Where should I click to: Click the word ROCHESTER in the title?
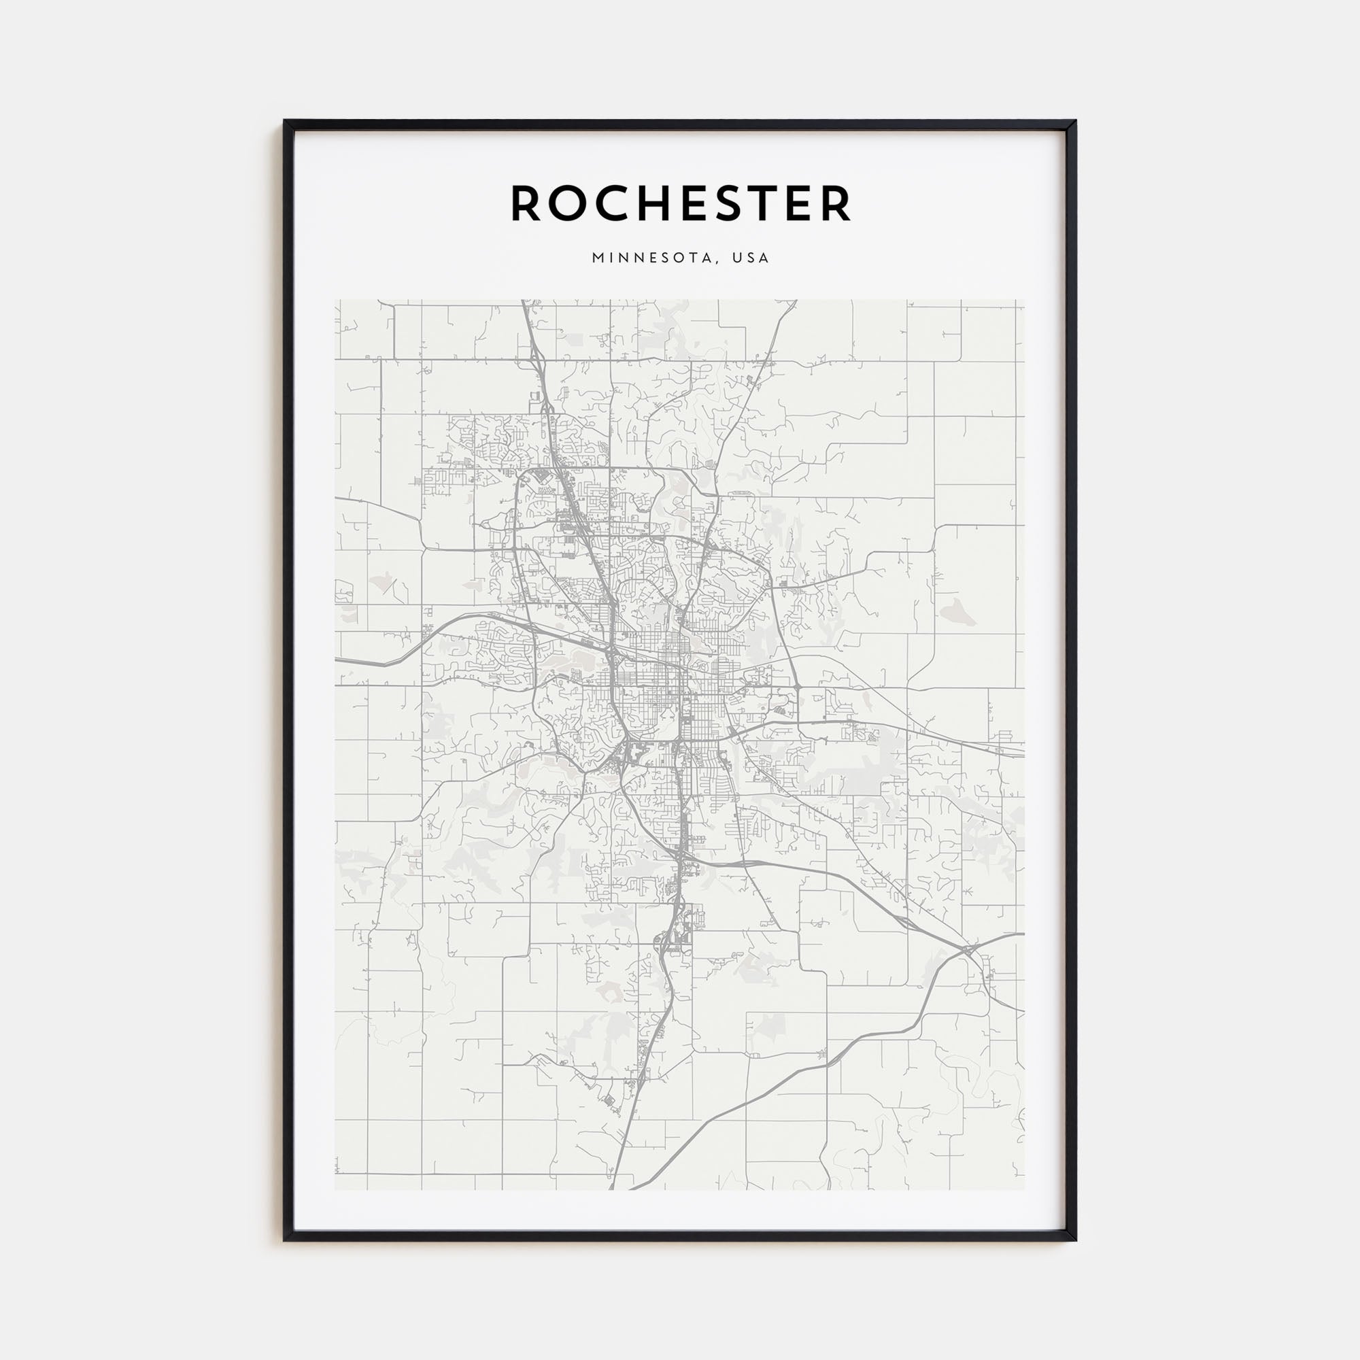tap(681, 203)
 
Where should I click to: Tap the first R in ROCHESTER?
tap(526, 203)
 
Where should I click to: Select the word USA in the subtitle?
tap(751, 258)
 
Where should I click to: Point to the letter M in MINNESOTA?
tap(598, 258)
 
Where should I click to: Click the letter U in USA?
tap(737, 258)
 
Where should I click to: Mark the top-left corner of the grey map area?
tap(335, 300)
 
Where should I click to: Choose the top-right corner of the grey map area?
tap(1025, 300)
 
